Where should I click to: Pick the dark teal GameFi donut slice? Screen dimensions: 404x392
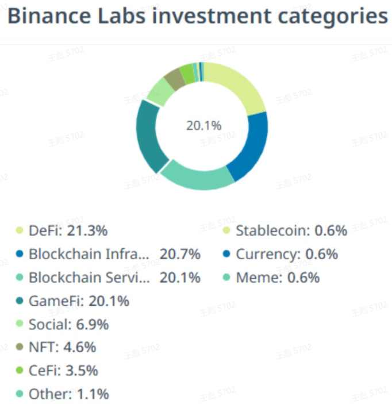[x=149, y=136]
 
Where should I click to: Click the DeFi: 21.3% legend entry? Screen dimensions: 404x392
[x=68, y=231]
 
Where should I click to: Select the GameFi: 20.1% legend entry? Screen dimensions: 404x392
[x=79, y=301]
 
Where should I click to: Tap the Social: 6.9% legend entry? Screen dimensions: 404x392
[x=68, y=324]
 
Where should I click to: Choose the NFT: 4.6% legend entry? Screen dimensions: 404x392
[x=62, y=347]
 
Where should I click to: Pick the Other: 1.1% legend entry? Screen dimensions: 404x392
[x=68, y=394]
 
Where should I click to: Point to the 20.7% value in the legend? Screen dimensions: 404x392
[x=180, y=254]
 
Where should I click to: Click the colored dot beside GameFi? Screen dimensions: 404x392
[x=19, y=301]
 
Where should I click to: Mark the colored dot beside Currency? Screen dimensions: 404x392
[x=226, y=254]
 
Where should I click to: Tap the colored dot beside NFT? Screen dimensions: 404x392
[x=19, y=347]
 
